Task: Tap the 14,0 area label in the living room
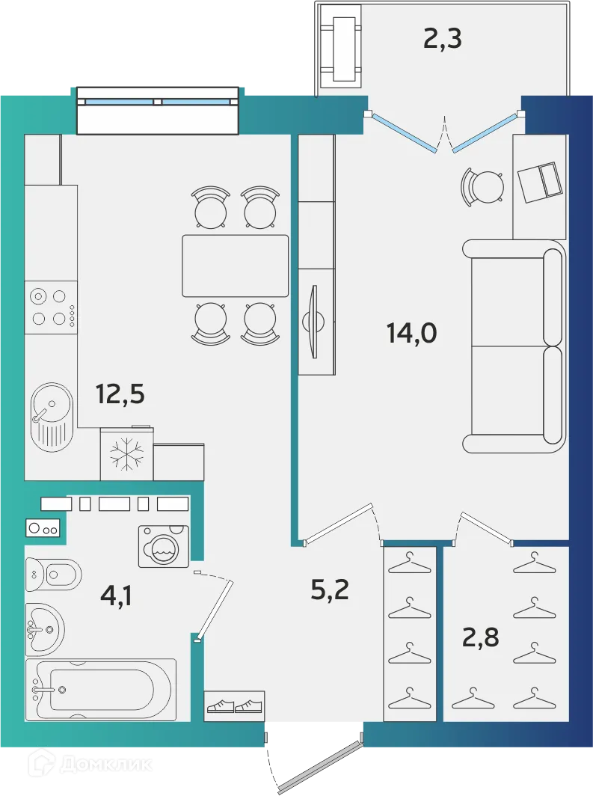click(x=411, y=331)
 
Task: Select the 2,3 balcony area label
click(x=442, y=37)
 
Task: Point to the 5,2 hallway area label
click(x=330, y=590)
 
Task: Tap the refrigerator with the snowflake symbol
click(x=126, y=454)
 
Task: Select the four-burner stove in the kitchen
click(x=50, y=307)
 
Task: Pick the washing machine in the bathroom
click(x=164, y=547)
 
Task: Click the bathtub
click(x=101, y=690)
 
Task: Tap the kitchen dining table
click(x=235, y=266)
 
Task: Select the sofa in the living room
click(x=515, y=346)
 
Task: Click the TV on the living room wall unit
click(x=315, y=322)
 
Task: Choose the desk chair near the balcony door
click(x=485, y=186)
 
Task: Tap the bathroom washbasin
click(x=44, y=629)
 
